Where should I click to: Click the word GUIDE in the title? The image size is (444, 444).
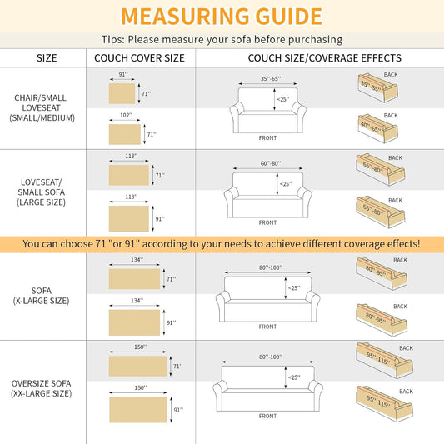[x=288, y=17]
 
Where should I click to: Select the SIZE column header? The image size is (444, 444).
[x=47, y=58]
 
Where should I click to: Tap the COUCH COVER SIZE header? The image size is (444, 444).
[x=139, y=58]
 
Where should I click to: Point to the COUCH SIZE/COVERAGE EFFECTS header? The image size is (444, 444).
[x=325, y=58]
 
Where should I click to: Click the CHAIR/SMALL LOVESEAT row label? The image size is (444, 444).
[x=42, y=108]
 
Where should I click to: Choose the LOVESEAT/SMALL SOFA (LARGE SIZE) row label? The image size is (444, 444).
[x=42, y=192]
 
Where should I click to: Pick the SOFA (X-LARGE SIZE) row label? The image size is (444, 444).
[x=42, y=296]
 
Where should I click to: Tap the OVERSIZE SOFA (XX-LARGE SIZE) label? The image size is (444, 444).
[x=42, y=388]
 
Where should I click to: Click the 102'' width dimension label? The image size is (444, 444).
[x=126, y=115]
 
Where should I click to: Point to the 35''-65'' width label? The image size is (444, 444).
[x=271, y=78]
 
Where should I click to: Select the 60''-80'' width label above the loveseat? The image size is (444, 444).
[x=271, y=163]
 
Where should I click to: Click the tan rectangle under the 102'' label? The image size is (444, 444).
[x=125, y=134]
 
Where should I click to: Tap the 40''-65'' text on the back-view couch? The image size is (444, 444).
[x=372, y=127]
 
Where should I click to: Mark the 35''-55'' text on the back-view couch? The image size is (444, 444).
[x=372, y=86]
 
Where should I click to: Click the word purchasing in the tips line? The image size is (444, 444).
[x=315, y=40]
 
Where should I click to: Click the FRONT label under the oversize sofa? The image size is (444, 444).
[x=267, y=416]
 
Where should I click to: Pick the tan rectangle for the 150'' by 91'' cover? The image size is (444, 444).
[x=138, y=410]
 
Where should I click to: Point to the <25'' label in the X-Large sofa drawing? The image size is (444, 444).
[x=294, y=288]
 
